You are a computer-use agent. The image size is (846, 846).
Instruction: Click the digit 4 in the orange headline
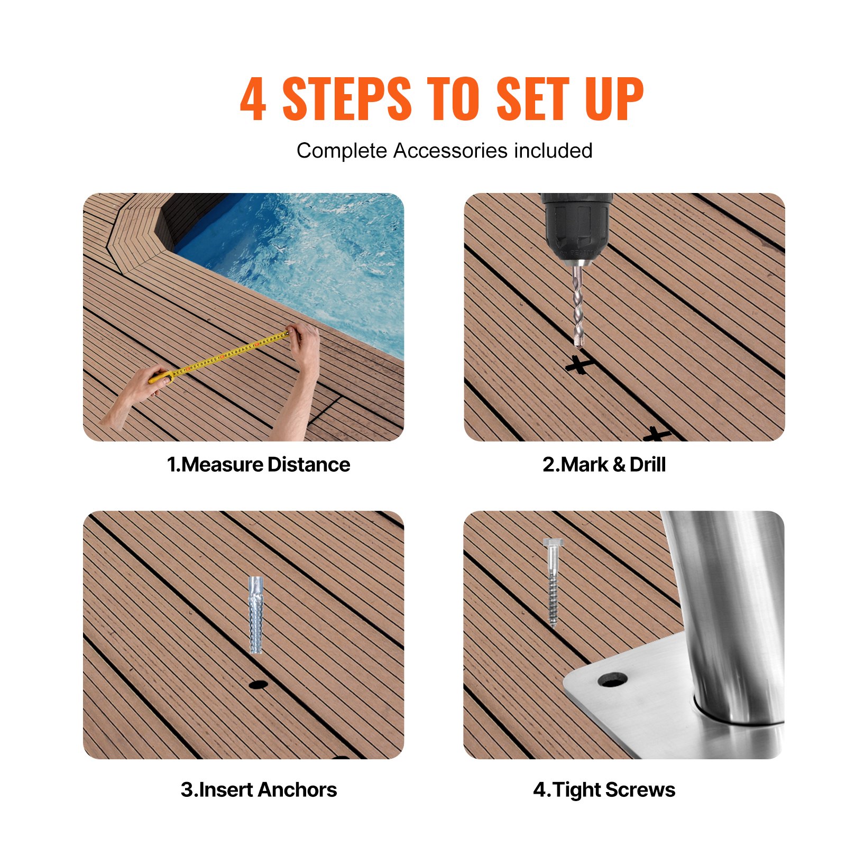coord(253,99)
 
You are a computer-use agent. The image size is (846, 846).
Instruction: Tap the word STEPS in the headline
coord(346,99)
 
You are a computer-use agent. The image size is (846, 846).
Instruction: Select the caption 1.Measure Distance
coord(259,465)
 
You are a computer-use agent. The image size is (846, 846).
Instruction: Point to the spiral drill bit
coord(578,307)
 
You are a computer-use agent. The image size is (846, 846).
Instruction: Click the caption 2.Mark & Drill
coord(604,465)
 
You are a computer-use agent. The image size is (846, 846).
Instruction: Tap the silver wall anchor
coord(255,614)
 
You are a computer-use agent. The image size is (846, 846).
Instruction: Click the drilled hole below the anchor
coord(258,685)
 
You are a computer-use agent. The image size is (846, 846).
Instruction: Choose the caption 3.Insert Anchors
coord(259,789)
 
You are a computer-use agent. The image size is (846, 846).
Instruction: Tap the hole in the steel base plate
coord(613,679)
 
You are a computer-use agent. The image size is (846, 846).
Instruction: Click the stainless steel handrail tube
coord(724,608)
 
